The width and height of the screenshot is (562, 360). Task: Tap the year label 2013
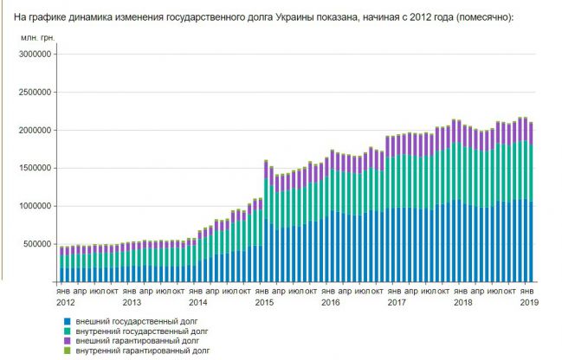[132, 302]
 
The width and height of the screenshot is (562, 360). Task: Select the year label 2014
[197, 302]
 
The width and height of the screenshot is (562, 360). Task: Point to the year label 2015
[264, 302]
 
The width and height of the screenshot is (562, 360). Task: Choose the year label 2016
[330, 302]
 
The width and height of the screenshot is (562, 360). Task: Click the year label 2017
[396, 302]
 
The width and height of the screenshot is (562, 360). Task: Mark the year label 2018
[462, 302]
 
